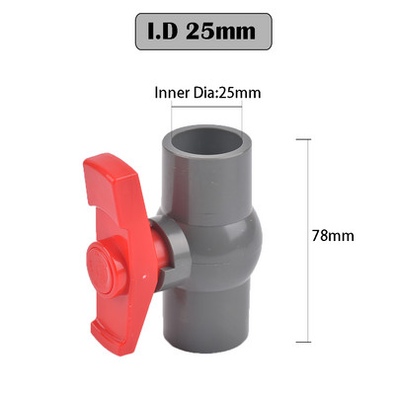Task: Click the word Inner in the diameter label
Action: point(174,94)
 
